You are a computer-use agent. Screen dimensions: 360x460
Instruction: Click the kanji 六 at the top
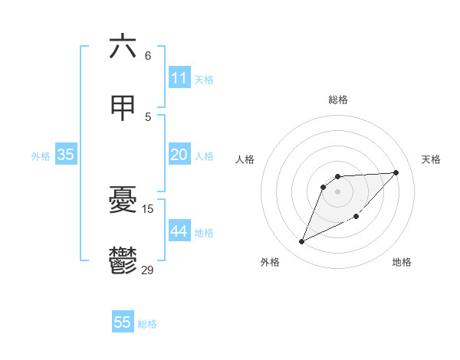(x=123, y=47)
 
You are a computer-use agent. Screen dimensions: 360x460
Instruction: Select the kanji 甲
(x=123, y=108)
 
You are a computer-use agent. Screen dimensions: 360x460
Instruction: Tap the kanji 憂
(x=123, y=201)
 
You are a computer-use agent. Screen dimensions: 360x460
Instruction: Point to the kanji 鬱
(x=123, y=261)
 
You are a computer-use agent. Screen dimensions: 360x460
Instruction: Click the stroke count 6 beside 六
(x=148, y=55)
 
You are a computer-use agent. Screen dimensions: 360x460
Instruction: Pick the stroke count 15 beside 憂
(x=148, y=208)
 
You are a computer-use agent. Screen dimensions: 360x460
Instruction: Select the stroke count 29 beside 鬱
(x=148, y=270)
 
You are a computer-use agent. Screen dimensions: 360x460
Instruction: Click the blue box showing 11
(x=179, y=78)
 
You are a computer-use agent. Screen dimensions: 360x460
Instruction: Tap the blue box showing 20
(x=179, y=155)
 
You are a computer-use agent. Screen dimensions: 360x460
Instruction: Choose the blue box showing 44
(x=179, y=231)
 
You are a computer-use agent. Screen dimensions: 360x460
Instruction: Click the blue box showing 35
(x=66, y=155)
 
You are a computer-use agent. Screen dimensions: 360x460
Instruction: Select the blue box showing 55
(x=123, y=322)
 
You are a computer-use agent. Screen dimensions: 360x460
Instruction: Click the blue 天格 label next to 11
(x=204, y=79)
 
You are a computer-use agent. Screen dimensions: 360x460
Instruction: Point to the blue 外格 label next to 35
(x=41, y=155)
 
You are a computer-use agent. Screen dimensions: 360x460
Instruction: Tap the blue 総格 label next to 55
(x=147, y=323)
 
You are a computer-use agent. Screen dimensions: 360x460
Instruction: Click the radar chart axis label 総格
(x=338, y=100)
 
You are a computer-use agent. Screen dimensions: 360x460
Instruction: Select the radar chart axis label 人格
(x=245, y=159)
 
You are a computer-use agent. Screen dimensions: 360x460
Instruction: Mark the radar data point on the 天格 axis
(x=396, y=172)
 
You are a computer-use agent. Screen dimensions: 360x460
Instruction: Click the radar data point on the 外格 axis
(x=302, y=242)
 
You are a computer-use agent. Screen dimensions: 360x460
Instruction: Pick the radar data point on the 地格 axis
(x=356, y=216)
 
